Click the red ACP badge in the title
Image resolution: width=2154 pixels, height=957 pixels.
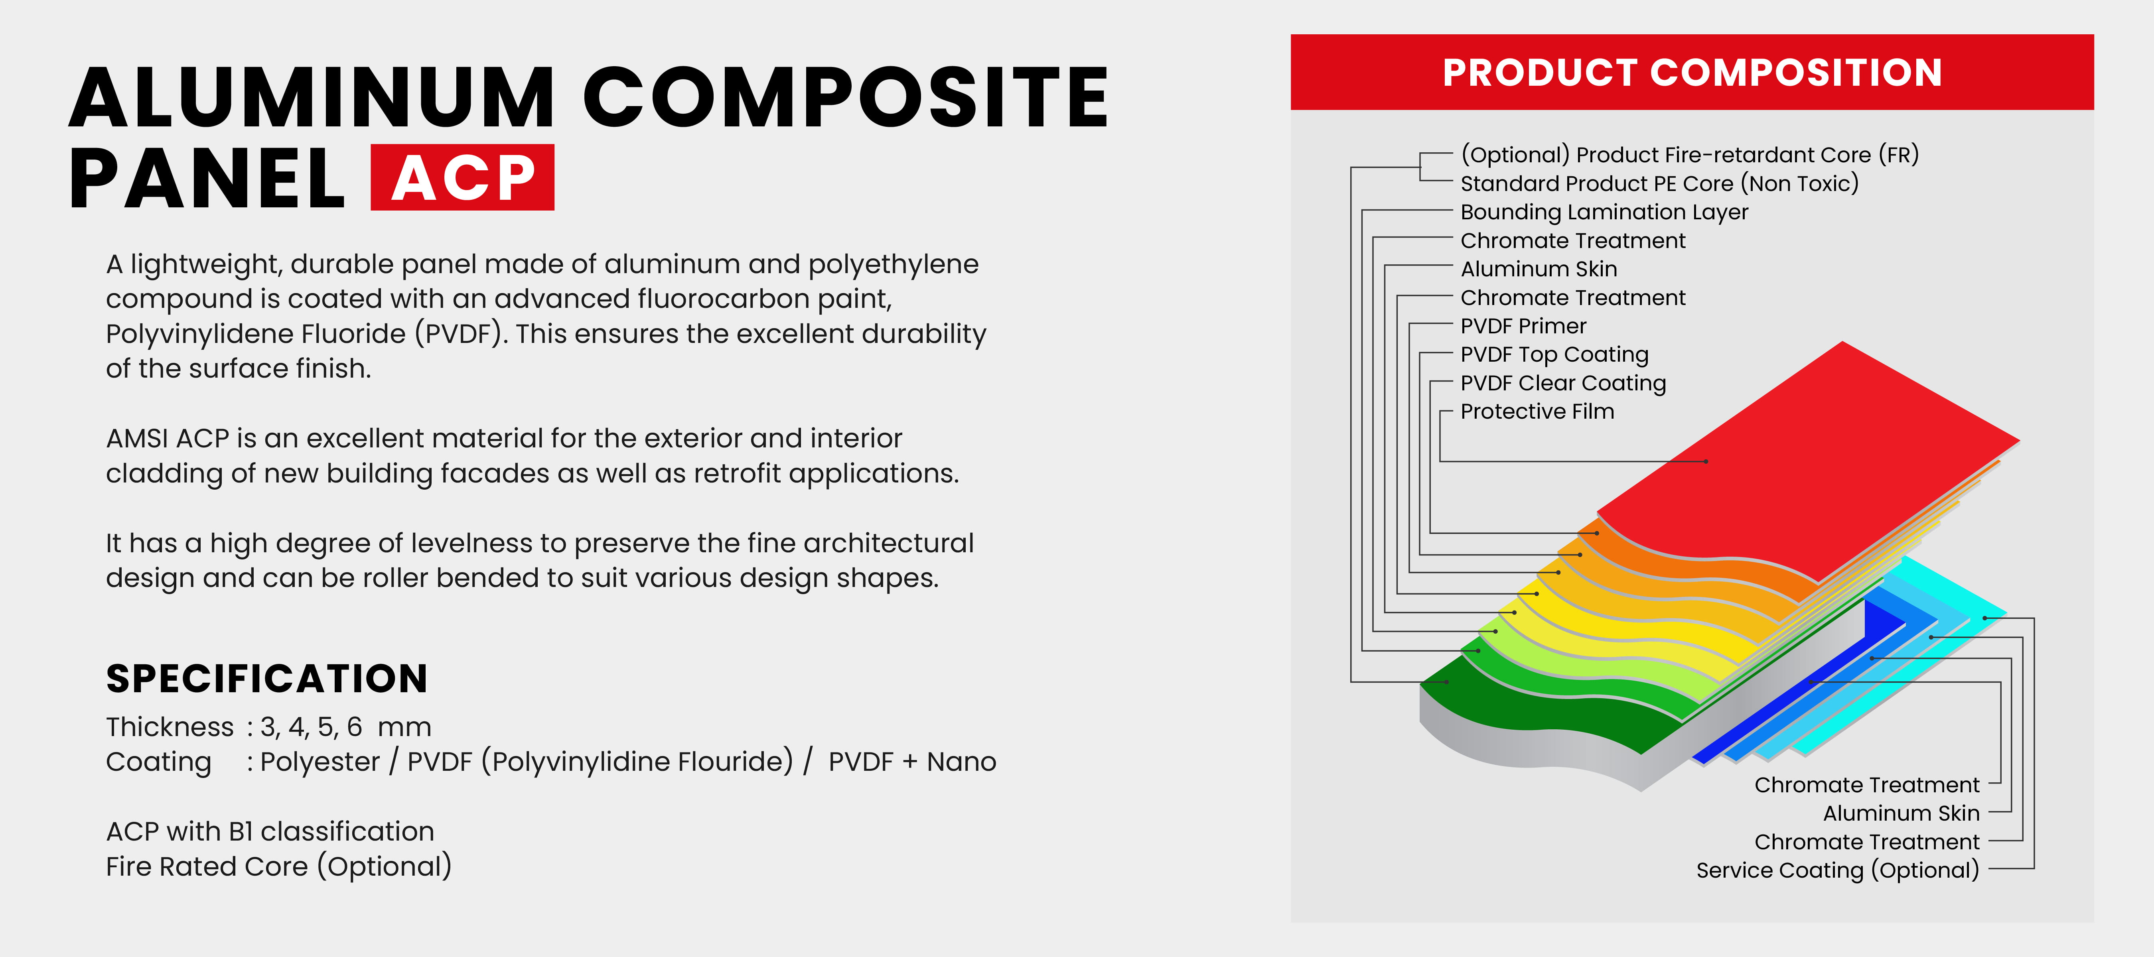click(462, 177)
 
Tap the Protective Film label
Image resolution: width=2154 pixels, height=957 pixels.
click(1537, 411)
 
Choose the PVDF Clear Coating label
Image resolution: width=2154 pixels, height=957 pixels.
click(1563, 383)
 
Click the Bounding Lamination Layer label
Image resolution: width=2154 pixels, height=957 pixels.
click(1604, 212)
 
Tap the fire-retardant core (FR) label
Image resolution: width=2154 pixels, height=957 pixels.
click(1689, 155)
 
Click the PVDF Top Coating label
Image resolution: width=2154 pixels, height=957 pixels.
click(1554, 354)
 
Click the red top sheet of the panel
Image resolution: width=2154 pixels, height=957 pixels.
click(1806, 460)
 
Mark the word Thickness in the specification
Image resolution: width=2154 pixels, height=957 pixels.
click(170, 727)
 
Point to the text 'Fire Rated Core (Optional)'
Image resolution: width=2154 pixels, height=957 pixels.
click(278, 867)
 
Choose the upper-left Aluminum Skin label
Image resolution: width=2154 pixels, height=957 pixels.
click(1539, 269)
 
